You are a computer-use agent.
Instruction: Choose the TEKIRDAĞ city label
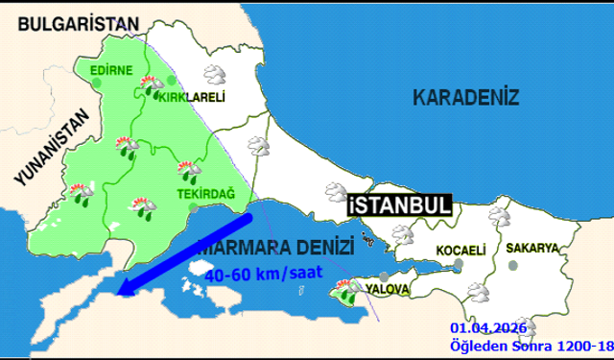[x=179, y=194]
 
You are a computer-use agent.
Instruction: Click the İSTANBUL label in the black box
[x=397, y=204]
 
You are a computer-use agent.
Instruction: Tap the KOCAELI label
[x=460, y=251]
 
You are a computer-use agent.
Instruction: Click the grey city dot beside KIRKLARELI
[x=172, y=81]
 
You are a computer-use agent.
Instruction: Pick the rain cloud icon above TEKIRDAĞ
[x=188, y=170]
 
